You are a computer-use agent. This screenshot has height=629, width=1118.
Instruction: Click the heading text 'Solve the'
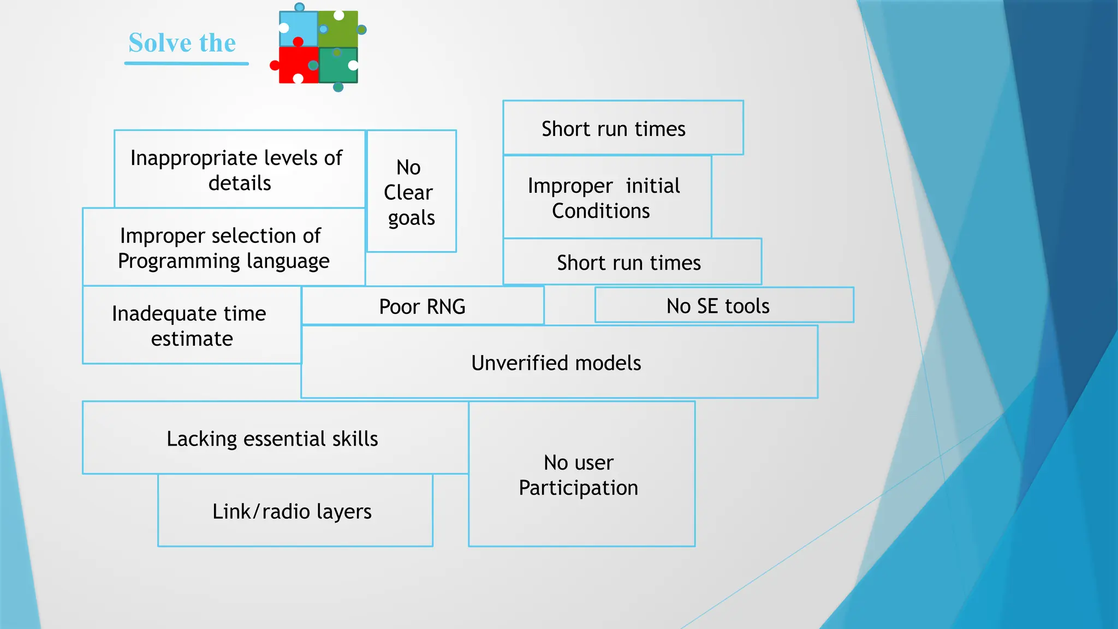pyautogui.click(x=182, y=43)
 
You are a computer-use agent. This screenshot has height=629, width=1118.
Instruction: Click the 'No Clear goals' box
pyautogui.click(x=411, y=192)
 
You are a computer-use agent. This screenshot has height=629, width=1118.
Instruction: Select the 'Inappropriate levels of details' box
pyautogui.click(x=239, y=170)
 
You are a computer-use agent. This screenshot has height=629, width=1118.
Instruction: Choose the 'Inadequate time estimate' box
pyautogui.click(x=191, y=326)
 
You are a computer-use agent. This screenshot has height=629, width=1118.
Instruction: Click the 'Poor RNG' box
pyautogui.click(x=422, y=306)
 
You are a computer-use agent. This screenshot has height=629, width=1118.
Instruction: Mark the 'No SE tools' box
pyautogui.click(x=723, y=306)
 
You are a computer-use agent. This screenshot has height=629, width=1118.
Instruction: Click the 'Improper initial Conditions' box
pyautogui.click(x=606, y=198)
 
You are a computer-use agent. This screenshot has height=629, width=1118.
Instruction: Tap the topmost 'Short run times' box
pyautogui.click(x=622, y=129)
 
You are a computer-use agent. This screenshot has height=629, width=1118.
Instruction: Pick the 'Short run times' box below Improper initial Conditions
pyautogui.click(x=631, y=263)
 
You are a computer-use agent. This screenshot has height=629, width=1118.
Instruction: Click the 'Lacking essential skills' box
pyautogui.click(x=273, y=438)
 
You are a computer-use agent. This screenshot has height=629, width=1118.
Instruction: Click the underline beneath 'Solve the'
pyautogui.click(x=186, y=64)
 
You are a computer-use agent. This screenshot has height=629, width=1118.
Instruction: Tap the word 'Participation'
pyautogui.click(x=579, y=488)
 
